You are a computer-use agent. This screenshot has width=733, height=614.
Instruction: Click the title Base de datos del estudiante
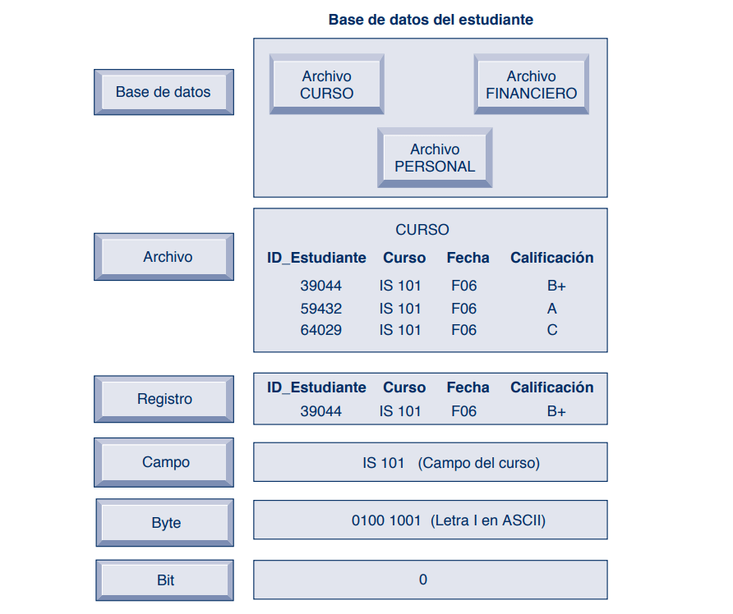(431, 20)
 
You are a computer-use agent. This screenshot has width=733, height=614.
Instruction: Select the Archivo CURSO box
(327, 85)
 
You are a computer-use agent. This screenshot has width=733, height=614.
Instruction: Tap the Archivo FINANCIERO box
(532, 85)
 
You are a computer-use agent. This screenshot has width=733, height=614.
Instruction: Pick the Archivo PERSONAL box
(435, 158)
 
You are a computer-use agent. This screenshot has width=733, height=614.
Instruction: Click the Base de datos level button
(164, 92)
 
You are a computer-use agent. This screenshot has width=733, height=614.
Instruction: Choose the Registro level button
(164, 399)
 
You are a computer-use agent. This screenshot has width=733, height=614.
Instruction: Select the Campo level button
(164, 462)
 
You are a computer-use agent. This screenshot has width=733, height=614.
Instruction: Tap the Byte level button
(164, 523)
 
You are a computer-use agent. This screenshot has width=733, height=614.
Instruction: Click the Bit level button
(164, 580)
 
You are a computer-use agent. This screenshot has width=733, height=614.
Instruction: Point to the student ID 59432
(321, 309)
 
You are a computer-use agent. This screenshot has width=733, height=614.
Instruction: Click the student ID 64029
(321, 330)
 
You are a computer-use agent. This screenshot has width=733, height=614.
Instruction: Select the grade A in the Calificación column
(552, 309)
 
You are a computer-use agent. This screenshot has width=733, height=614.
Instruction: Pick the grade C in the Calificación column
(552, 330)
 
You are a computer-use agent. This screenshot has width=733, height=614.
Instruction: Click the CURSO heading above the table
(422, 230)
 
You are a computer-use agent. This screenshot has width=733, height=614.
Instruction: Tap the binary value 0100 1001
(386, 520)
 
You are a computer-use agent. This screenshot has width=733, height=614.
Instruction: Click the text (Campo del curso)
(479, 463)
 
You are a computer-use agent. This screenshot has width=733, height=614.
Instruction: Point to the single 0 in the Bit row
(423, 580)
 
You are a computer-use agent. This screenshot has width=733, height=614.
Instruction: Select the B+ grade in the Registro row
(556, 411)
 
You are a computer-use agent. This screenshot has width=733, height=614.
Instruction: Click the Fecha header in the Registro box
(468, 387)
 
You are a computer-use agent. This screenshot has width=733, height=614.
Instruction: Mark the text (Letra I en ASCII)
(488, 520)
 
